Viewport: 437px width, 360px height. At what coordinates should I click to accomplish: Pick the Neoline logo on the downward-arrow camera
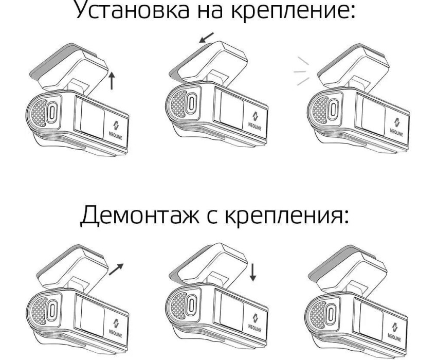tap(256, 320)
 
